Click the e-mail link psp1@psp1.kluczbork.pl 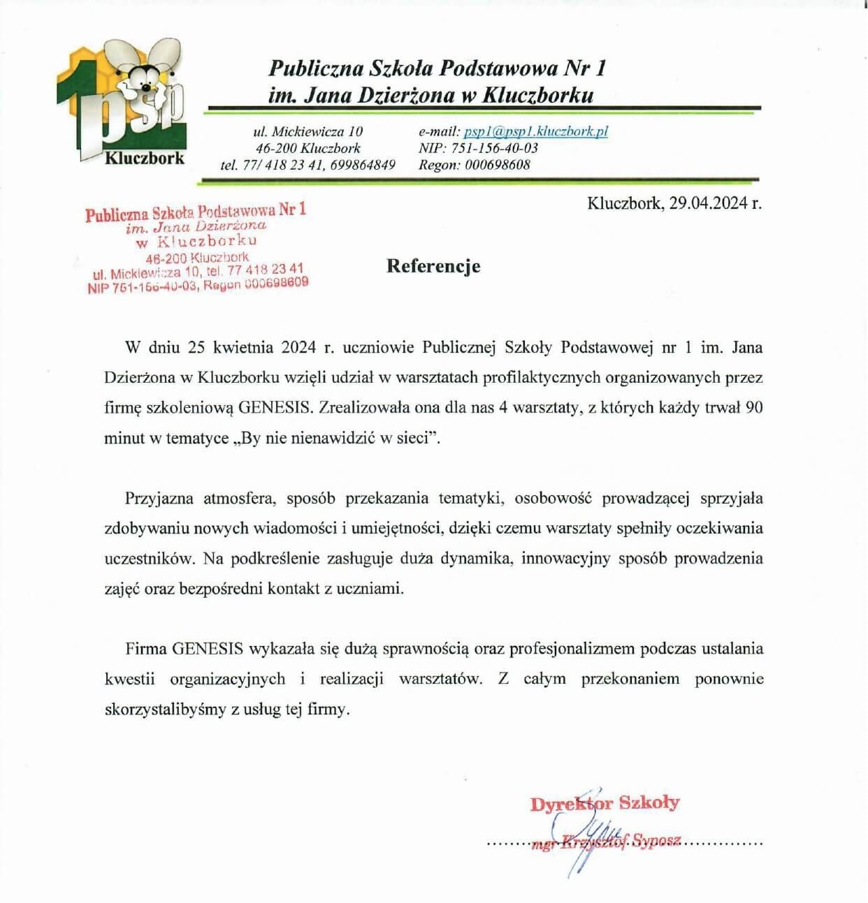[535, 131]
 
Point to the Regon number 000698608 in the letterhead [497, 165]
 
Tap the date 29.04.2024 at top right [707, 203]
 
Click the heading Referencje [433, 266]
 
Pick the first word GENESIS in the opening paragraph [274, 408]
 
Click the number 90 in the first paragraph [753, 408]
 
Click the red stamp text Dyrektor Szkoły [605, 803]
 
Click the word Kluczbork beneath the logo [145, 158]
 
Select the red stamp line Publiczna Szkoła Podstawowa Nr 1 [196, 212]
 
